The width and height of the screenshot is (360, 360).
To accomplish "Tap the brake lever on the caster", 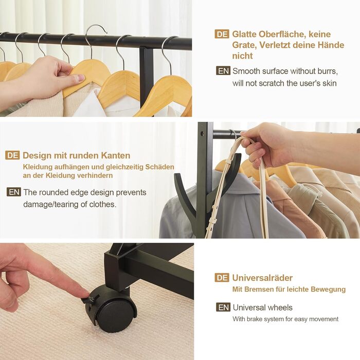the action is (x=89, y=300).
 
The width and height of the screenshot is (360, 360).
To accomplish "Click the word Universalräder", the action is (x=262, y=278).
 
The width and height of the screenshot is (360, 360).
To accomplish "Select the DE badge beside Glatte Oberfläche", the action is (x=222, y=34).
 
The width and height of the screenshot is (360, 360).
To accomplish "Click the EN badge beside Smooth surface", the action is (x=223, y=71).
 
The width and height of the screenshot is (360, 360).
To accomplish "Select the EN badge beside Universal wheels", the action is (x=223, y=307).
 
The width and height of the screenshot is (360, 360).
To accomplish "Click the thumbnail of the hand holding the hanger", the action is (x=96, y=58).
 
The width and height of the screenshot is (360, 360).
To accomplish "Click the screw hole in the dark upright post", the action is (x=202, y=133).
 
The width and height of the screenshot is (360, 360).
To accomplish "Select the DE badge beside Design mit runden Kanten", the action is (x=12, y=155).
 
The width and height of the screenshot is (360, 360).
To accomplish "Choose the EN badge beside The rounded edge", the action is (x=14, y=192).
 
